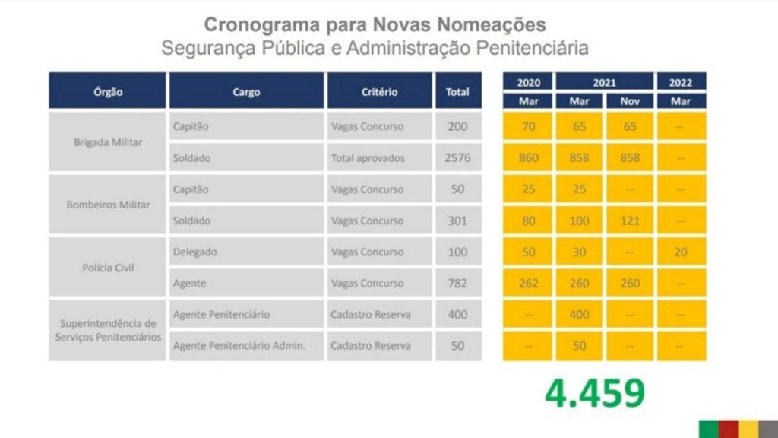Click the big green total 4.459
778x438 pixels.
[594, 392]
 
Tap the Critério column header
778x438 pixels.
[379, 91]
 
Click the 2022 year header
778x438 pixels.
[680, 82]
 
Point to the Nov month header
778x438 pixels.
[630, 100]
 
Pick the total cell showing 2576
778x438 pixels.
[457, 158]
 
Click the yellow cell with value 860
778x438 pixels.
[528, 158]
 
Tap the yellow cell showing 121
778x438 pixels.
[630, 221]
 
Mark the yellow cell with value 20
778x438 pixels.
[680, 252]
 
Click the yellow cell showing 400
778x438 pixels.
[580, 314]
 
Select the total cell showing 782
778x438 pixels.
[457, 283]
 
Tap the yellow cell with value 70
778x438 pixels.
[528, 126]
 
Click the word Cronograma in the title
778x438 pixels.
[255, 24]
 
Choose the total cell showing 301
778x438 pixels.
[457, 221]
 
